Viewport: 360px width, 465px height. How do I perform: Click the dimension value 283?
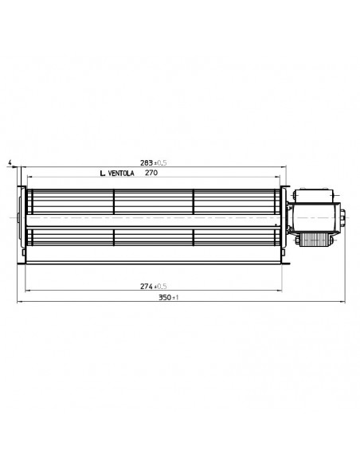tap(147, 162)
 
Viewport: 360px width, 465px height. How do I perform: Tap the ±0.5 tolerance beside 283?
tap(160, 162)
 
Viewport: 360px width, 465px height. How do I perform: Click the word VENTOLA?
tap(121, 174)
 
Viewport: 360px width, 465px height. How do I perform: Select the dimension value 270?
tap(151, 173)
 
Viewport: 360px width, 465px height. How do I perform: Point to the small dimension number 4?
tap(10, 162)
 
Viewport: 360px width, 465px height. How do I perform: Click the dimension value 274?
tap(147, 286)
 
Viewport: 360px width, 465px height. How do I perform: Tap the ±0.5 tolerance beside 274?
tap(160, 287)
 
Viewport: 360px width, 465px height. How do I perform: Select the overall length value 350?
tap(165, 297)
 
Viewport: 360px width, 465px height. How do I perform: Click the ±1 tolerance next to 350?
tap(175, 298)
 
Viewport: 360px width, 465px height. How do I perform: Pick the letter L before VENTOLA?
tap(103, 174)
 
